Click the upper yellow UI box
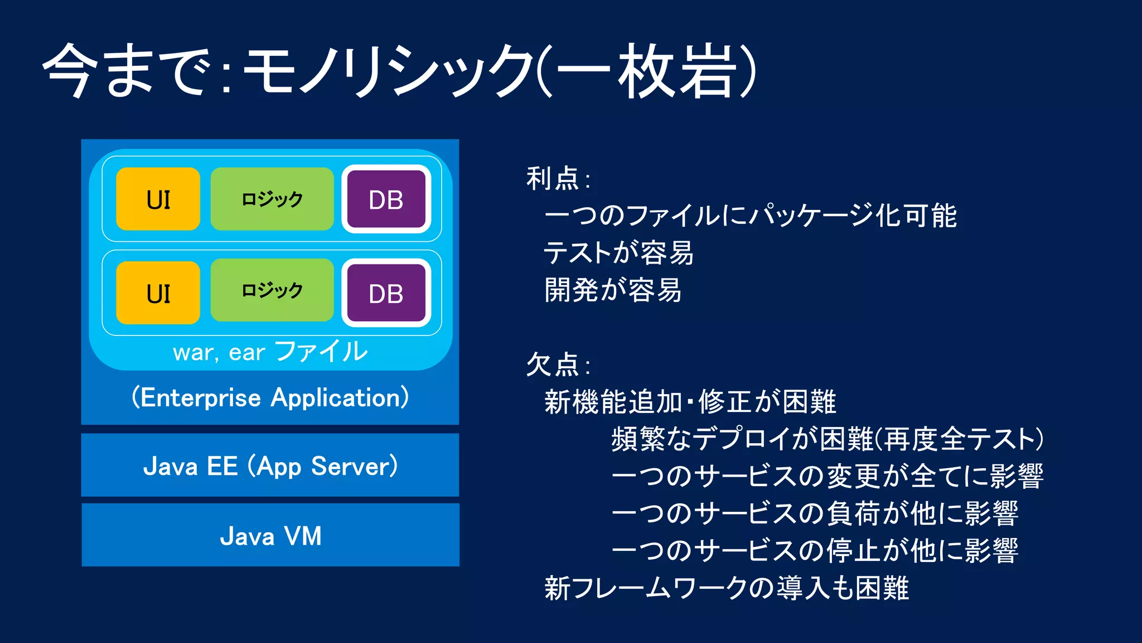pos(158,199)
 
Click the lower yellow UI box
pos(158,293)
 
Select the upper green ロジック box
pos(272,199)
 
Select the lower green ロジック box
pos(272,290)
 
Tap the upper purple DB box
pos(386,199)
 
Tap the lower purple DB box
pos(386,293)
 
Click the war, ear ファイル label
pos(270,352)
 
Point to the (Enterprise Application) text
pos(270,397)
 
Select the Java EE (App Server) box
pos(270,465)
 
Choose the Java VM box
pos(270,535)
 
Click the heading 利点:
pos(558,179)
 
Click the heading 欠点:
pos(558,365)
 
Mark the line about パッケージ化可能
pos(750,216)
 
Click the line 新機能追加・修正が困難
pos(690,402)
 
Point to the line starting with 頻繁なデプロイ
pos(827,439)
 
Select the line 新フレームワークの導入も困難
pos(727,588)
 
